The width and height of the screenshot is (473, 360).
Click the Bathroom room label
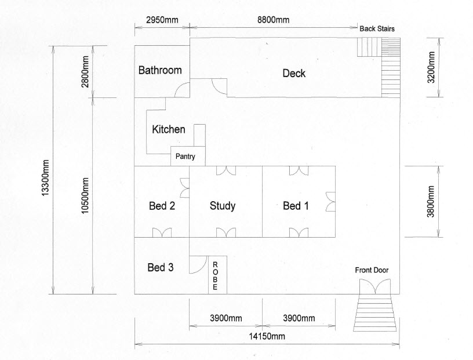(160, 70)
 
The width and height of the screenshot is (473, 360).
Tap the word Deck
(294, 73)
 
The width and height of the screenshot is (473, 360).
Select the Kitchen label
(168, 129)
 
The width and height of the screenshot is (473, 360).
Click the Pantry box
(188, 156)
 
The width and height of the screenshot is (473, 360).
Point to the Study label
(223, 206)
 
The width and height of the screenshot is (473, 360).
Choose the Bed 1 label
(296, 206)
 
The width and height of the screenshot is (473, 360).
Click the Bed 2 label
(162, 206)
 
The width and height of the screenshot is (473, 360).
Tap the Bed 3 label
(160, 267)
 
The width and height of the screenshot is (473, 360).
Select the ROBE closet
(217, 275)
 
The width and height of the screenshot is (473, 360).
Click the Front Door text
(372, 270)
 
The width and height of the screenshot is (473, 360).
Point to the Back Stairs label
(377, 28)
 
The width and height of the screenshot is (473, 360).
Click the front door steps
(375, 312)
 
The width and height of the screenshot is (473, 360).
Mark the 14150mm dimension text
(267, 336)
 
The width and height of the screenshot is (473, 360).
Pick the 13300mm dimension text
(45, 178)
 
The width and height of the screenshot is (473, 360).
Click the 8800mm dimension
(273, 20)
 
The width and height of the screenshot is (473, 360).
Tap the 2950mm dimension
(162, 20)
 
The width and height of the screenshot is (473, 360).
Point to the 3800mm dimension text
(431, 201)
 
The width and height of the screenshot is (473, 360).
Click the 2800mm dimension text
(85, 71)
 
